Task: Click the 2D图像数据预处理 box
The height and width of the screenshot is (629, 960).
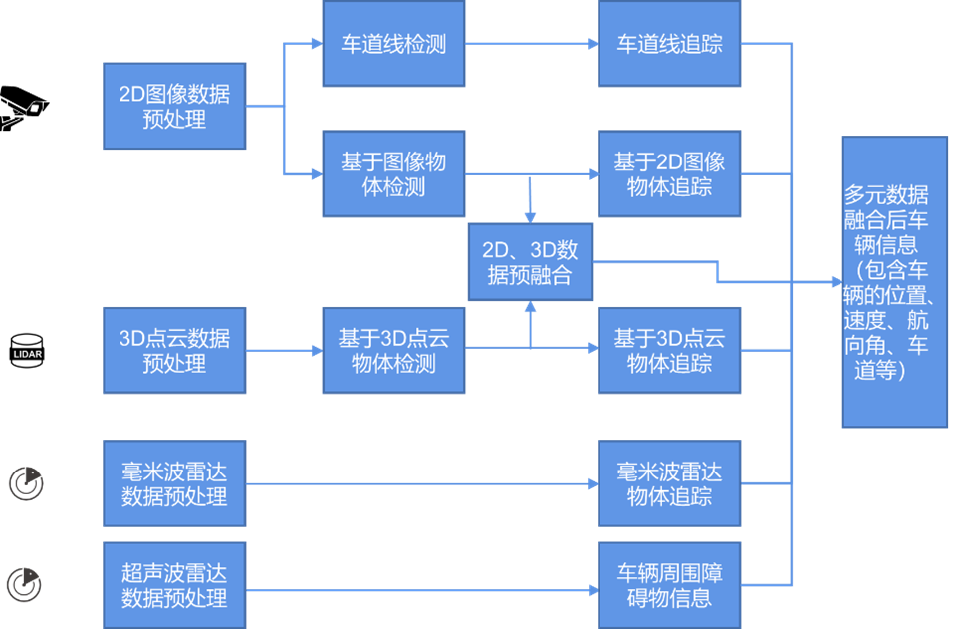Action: click(x=174, y=106)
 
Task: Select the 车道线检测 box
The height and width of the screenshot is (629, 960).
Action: click(x=393, y=44)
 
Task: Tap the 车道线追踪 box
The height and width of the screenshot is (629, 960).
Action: click(x=669, y=44)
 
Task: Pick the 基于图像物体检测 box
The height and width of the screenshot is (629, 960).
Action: click(x=393, y=173)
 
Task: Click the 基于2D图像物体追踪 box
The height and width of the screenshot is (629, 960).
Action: click(x=669, y=173)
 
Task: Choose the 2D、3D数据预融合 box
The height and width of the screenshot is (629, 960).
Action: click(x=530, y=262)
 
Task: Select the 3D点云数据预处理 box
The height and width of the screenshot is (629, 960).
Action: click(x=174, y=350)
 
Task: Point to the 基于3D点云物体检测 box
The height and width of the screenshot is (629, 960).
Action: click(x=393, y=350)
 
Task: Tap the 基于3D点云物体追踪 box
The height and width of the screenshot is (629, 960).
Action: click(x=669, y=350)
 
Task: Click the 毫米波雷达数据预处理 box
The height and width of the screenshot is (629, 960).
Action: click(x=174, y=483)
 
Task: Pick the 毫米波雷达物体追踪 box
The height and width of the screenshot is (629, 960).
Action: click(x=669, y=483)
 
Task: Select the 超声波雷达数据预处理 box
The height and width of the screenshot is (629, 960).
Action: click(x=174, y=585)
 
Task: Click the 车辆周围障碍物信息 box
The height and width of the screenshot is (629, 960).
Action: click(x=669, y=585)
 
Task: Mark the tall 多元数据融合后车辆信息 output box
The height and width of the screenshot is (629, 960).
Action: click(x=894, y=282)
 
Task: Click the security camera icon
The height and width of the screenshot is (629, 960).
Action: click(x=22, y=106)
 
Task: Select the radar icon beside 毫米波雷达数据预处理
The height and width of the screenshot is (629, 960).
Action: click(x=27, y=482)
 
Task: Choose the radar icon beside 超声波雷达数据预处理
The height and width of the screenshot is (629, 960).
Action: click(x=25, y=584)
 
